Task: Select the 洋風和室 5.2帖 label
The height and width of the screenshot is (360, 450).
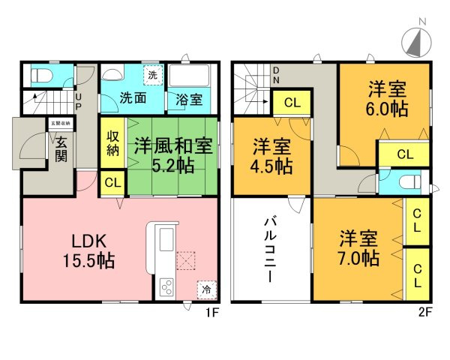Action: (x=171, y=154)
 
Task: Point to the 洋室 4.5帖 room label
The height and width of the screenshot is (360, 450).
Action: (x=271, y=156)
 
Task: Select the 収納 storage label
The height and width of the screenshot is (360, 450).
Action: (x=112, y=140)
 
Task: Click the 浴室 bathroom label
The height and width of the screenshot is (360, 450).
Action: (x=189, y=97)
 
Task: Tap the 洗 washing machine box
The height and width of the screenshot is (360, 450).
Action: (x=152, y=75)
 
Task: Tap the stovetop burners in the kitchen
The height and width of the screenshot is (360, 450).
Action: (x=166, y=287)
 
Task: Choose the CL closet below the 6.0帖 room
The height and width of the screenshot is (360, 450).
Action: (x=404, y=154)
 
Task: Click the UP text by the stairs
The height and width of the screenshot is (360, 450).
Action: (x=77, y=98)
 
